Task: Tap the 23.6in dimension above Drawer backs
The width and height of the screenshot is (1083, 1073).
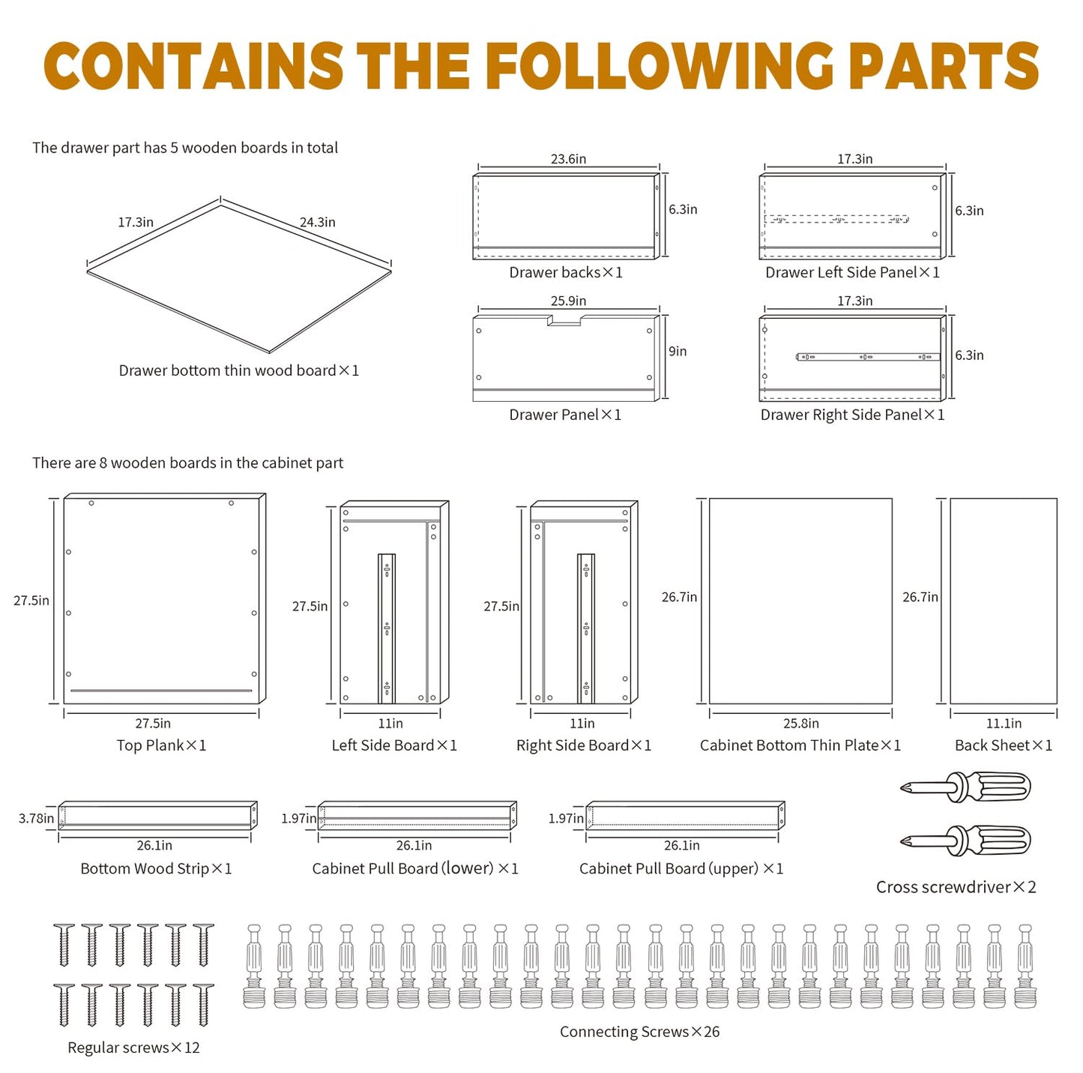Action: [x=568, y=159]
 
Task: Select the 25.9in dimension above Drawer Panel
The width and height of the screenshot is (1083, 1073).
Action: [x=568, y=301]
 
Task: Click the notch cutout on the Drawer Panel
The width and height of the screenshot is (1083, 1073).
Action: [x=565, y=321]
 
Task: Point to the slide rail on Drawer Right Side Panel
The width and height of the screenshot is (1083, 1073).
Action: [x=867, y=357]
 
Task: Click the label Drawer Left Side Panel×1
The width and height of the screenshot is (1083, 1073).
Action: [x=852, y=272]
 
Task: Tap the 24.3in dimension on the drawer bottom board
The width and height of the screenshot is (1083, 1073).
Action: [x=317, y=222]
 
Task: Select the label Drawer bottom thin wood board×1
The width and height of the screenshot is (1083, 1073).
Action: [x=238, y=370]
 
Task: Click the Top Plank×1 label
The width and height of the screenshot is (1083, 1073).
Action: [x=161, y=745]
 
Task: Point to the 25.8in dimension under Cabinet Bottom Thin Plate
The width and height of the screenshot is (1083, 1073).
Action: [x=800, y=724]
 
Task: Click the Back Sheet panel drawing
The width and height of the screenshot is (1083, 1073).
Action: [x=1003, y=600]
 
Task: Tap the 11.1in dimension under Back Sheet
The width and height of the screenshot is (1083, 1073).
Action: [x=1003, y=724]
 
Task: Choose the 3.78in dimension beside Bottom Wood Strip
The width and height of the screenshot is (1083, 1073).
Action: [x=36, y=818]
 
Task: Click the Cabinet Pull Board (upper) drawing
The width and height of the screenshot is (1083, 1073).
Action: [x=684, y=815]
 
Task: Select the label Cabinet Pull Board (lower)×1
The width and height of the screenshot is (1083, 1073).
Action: [x=414, y=868]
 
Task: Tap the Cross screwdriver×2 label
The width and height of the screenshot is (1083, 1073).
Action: [x=956, y=887]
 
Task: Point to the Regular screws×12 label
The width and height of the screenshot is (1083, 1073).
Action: [x=133, y=1048]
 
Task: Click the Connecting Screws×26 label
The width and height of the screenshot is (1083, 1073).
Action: [x=639, y=1032]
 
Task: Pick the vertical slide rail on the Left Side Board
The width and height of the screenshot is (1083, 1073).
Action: [x=387, y=628]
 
